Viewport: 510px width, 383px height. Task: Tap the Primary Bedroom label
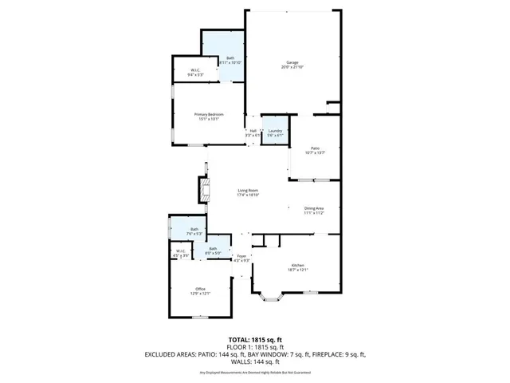pos(209,115)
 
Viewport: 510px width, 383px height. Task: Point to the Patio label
pos(315,148)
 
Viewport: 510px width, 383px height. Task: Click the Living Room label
pos(248,189)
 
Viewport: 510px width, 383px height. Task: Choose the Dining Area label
pos(314,208)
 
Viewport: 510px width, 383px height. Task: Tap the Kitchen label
pos(297,266)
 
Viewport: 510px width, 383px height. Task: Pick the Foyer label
pos(241,256)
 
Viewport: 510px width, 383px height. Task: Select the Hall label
pos(253,131)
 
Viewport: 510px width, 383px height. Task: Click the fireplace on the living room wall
pos(204,190)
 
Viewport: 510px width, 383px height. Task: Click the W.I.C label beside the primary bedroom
pos(195,71)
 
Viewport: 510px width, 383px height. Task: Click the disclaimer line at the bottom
pos(255,373)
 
